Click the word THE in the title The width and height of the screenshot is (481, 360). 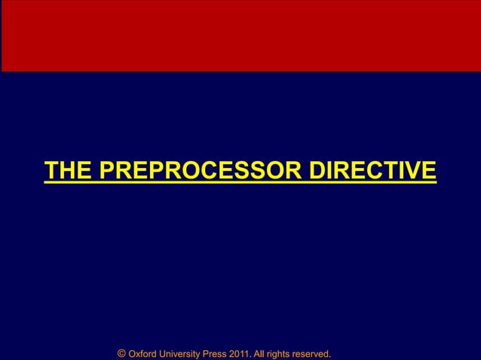tap(67, 171)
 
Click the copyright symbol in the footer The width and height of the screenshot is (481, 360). tap(122, 352)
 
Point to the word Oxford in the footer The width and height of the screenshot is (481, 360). tap(145, 352)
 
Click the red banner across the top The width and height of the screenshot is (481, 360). tap(240, 35)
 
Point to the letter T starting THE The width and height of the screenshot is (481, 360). tap(51, 171)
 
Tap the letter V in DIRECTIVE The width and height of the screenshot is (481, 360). tap(414, 171)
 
